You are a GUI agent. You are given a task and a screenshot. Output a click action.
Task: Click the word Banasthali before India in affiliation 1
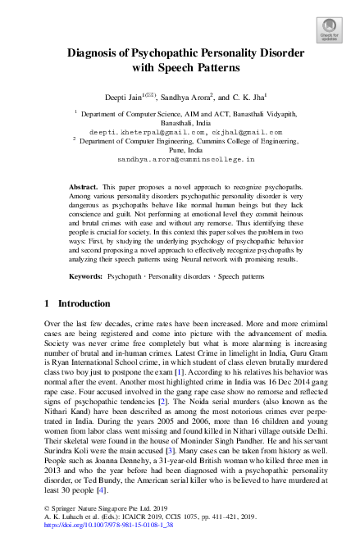click(x=170, y=121)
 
